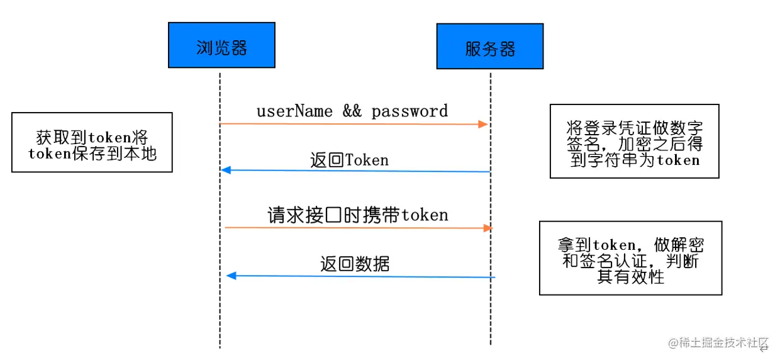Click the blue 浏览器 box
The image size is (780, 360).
(x=221, y=45)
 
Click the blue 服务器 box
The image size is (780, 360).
(x=489, y=46)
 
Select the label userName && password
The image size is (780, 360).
(x=352, y=111)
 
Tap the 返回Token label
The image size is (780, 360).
(x=349, y=160)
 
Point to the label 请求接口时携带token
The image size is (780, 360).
(x=358, y=215)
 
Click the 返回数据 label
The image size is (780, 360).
(x=355, y=264)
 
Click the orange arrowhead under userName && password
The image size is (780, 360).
(x=482, y=124)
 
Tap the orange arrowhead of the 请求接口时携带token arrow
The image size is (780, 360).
(x=487, y=228)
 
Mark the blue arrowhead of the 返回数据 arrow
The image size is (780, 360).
(x=231, y=276)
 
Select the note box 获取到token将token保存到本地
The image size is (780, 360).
(x=92, y=142)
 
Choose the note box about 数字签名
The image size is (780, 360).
(x=633, y=141)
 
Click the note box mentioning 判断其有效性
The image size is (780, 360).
(x=630, y=258)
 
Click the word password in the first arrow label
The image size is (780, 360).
(x=409, y=111)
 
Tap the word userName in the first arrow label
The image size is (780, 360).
(x=294, y=111)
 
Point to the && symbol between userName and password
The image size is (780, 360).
(x=352, y=111)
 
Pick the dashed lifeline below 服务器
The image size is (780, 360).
(x=490, y=315)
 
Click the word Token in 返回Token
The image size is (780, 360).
(x=367, y=160)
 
